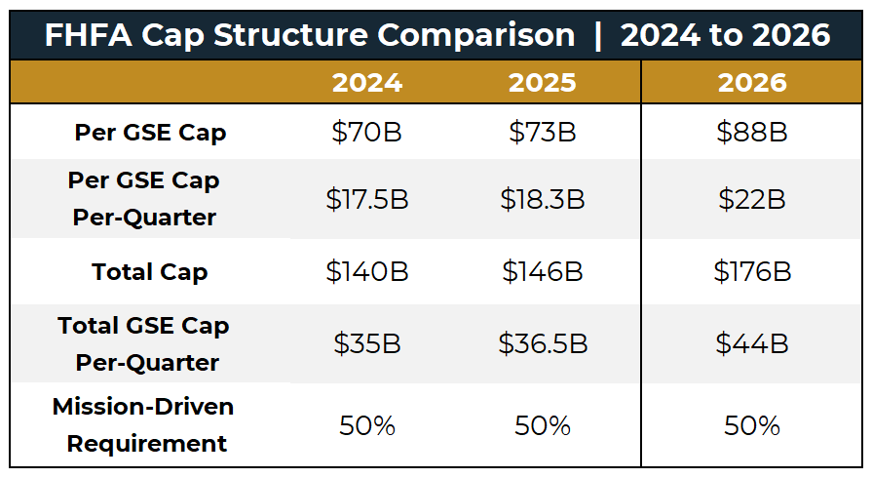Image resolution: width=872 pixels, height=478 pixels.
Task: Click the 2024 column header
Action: [367, 83]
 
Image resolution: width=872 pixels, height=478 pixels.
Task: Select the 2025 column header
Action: [543, 83]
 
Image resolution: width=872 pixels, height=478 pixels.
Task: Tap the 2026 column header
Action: [752, 83]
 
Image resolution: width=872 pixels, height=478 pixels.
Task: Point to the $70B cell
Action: [367, 133]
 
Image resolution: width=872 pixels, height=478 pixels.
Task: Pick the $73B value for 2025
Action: [543, 133]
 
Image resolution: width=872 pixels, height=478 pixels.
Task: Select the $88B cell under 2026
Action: [752, 133]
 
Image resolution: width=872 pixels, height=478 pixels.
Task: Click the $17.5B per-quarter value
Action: [367, 199]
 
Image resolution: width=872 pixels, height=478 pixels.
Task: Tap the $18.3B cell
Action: [543, 199]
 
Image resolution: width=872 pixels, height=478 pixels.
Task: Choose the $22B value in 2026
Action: [752, 199]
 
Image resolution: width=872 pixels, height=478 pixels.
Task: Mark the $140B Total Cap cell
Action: [367, 271]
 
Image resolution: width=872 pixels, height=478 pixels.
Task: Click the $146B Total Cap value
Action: [543, 271]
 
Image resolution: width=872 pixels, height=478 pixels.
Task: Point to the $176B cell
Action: [752, 271]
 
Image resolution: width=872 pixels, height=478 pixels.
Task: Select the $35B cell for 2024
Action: [367, 343]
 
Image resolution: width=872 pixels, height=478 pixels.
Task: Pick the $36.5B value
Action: [543, 343]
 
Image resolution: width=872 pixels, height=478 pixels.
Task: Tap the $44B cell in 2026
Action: [752, 343]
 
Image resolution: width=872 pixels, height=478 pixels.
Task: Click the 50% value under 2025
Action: [543, 425]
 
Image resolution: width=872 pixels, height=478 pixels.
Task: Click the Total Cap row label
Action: [150, 271]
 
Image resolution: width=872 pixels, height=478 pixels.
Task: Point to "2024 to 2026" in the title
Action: [725, 35]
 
